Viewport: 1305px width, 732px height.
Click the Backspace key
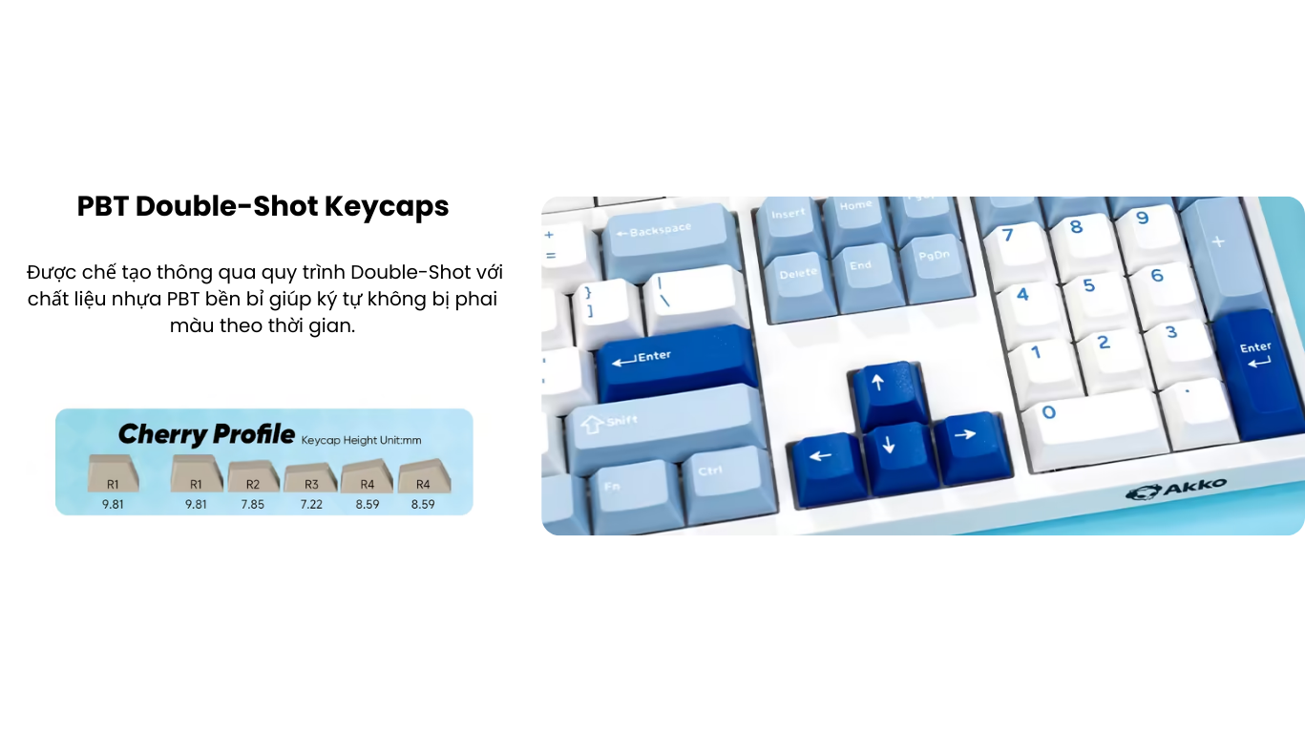pos(670,239)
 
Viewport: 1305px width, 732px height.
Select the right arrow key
pos(971,448)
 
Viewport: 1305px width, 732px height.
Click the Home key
pos(857,221)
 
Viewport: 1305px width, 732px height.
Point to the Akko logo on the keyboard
pos(1176,490)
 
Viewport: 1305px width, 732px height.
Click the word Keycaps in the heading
pos(387,206)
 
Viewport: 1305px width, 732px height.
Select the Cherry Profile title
pos(206,434)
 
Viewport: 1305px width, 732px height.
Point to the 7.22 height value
pos(311,504)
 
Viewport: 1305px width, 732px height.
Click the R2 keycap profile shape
pos(253,476)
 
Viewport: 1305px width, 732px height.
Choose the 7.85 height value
pos(253,504)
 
